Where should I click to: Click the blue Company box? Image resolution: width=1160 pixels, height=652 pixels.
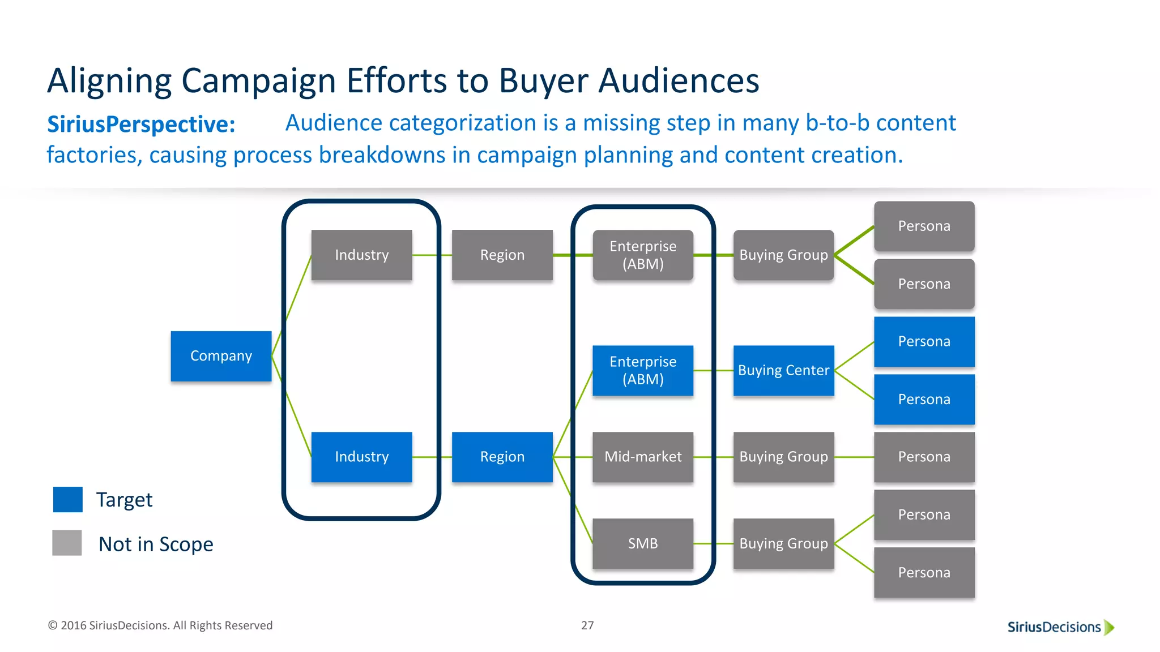pyautogui.click(x=221, y=356)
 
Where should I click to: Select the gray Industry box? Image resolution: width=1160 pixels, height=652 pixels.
pyautogui.click(x=361, y=255)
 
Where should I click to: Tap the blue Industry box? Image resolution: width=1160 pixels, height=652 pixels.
pyautogui.click(x=361, y=457)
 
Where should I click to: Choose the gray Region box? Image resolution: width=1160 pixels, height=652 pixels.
pyautogui.click(x=502, y=255)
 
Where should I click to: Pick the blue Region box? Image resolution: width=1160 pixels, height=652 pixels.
pyautogui.click(x=502, y=457)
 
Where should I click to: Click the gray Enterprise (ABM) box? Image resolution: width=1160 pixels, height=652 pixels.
pyautogui.click(x=643, y=255)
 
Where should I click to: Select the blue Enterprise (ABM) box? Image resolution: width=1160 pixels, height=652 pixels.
pyautogui.click(x=643, y=370)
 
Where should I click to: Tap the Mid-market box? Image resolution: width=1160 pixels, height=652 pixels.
pyautogui.click(x=643, y=457)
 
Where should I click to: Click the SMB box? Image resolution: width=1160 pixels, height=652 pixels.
pyautogui.click(x=643, y=543)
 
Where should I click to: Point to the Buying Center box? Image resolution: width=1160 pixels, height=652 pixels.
pyautogui.click(x=783, y=370)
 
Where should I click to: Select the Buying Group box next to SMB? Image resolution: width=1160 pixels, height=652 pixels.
pyautogui.click(x=783, y=543)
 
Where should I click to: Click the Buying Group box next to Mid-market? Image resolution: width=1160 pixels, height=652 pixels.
pyautogui.click(x=783, y=457)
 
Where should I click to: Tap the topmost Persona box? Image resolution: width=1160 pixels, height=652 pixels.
pyautogui.click(x=924, y=226)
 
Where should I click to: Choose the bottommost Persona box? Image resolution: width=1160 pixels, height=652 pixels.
pyautogui.click(x=924, y=572)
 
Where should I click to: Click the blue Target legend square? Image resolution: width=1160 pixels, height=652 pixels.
pyautogui.click(x=67, y=499)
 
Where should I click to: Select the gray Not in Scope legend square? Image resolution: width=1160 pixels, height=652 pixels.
pyautogui.click(x=67, y=543)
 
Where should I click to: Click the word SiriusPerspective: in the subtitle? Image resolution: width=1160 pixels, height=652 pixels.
pyautogui.click(x=141, y=125)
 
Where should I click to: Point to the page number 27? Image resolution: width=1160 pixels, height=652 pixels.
pyautogui.click(x=587, y=625)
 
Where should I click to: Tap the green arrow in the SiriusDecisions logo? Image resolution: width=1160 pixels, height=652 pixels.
pyautogui.click(x=1109, y=627)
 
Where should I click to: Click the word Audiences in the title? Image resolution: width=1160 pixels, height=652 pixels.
pyautogui.click(x=679, y=81)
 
